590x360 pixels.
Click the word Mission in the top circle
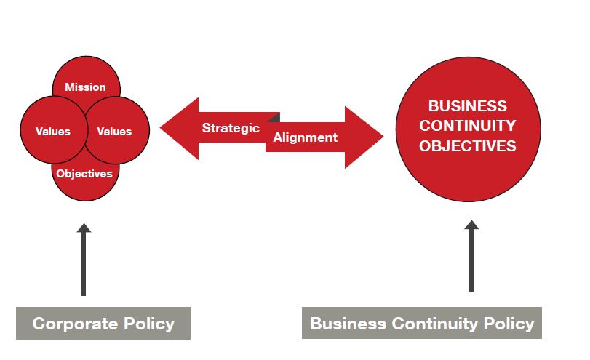coord(85,87)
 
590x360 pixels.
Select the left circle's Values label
coord(53,132)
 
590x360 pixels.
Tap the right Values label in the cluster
coord(114,132)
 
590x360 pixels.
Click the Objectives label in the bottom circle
coord(84,173)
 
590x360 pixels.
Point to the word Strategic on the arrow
coord(231,128)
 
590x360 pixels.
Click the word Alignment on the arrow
coord(305,137)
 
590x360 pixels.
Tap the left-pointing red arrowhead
coord(179,128)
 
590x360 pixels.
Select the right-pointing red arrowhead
coord(364,137)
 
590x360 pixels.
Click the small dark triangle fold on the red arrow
coord(276,118)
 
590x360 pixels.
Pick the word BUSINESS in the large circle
coord(468,105)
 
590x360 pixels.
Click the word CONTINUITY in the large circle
coord(468,126)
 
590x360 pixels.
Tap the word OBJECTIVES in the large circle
coord(468,146)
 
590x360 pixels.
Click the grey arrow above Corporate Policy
coord(84,260)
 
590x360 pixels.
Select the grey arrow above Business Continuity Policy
coord(471,256)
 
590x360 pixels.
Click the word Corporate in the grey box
coord(75,324)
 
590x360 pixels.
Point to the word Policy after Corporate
coord(149,324)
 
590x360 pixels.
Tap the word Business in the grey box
coord(348,324)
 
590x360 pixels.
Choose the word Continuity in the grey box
coord(434,324)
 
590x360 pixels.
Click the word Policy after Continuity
coord(509,324)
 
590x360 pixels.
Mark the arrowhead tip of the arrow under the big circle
coord(471,220)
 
